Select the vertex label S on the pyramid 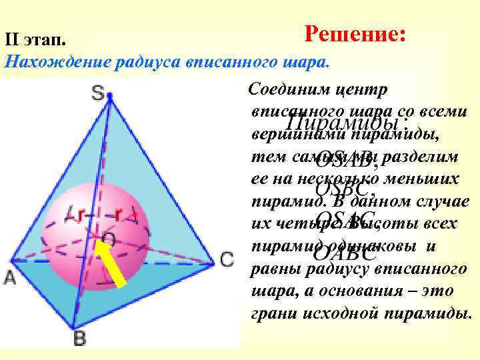coord(99,94)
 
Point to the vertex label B coord(79,339)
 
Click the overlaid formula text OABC coord(345,254)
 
